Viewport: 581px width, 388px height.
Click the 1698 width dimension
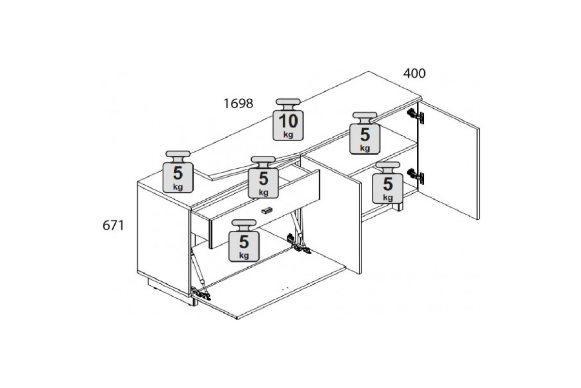point(238,104)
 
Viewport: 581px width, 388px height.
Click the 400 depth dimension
point(414,74)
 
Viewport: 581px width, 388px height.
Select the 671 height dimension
point(113,226)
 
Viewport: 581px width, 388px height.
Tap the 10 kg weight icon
point(288,119)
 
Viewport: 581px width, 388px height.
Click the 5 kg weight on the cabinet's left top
point(178,172)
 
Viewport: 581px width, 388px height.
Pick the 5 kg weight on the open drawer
point(263,177)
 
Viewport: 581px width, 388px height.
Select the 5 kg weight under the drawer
point(244,241)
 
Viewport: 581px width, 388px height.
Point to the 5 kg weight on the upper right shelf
point(365,133)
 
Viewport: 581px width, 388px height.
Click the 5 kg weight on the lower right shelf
point(388,183)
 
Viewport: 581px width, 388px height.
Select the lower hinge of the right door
point(415,176)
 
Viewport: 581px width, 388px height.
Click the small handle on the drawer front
point(267,210)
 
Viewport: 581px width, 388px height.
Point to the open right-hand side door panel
point(449,160)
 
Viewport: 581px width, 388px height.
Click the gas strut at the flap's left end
point(199,270)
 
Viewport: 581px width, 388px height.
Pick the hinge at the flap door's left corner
point(201,293)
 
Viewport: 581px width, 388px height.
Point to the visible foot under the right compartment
point(398,207)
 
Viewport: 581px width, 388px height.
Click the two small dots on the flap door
point(285,288)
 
